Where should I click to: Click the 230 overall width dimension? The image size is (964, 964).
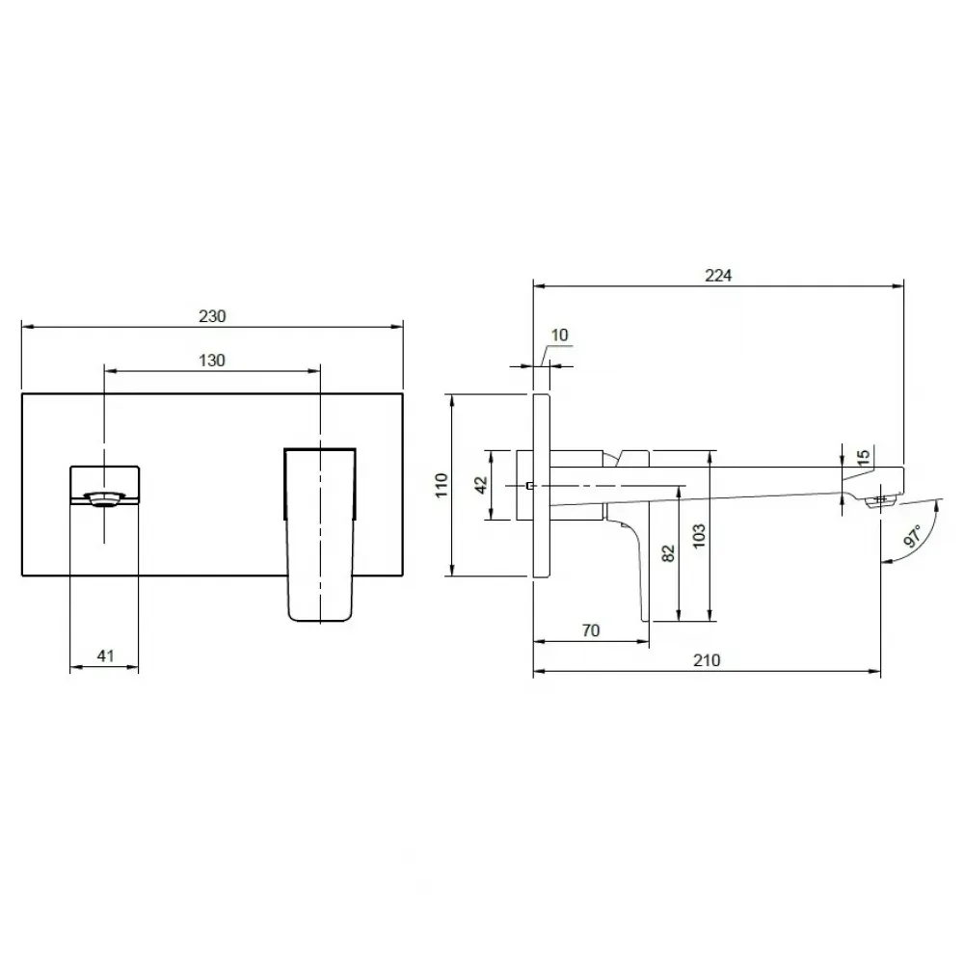click(x=212, y=316)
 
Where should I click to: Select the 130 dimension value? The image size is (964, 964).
click(x=211, y=361)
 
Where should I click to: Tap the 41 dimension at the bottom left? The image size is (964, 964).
click(x=105, y=656)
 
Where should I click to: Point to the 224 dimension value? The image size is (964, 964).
click(x=718, y=276)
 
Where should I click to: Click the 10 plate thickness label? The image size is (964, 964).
click(x=559, y=335)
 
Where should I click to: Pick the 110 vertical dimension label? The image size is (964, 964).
click(x=442, y=485)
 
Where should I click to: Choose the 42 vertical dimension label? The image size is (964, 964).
click(x=481, y=485)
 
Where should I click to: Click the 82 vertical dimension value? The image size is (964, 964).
click(x=669, y=553)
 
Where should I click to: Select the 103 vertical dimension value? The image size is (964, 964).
click(x=699, y=537)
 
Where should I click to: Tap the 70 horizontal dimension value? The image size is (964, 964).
click(x=590, y=630)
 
